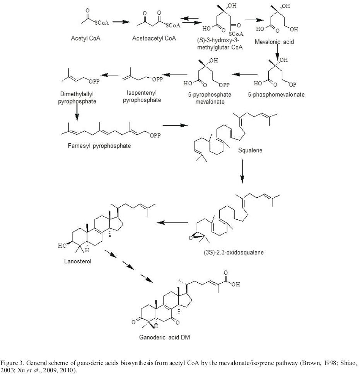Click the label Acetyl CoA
pos(85,39)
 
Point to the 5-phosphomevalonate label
pos(280,95)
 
